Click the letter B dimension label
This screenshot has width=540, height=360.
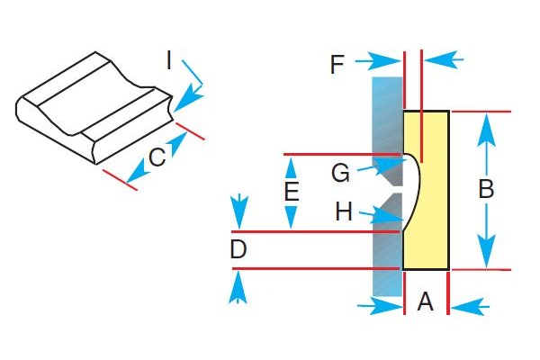486,190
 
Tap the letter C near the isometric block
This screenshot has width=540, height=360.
157,158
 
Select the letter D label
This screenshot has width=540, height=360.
238,250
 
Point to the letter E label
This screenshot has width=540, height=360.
290,192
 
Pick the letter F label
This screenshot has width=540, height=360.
337,64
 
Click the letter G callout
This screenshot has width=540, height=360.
339,171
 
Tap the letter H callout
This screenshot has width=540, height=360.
344,212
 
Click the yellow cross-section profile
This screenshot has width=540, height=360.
432,189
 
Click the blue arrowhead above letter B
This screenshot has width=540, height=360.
486,123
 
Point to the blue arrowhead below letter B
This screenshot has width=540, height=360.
486,257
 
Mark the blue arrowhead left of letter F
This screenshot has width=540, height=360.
391,60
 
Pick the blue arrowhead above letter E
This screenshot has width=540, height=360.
291,166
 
